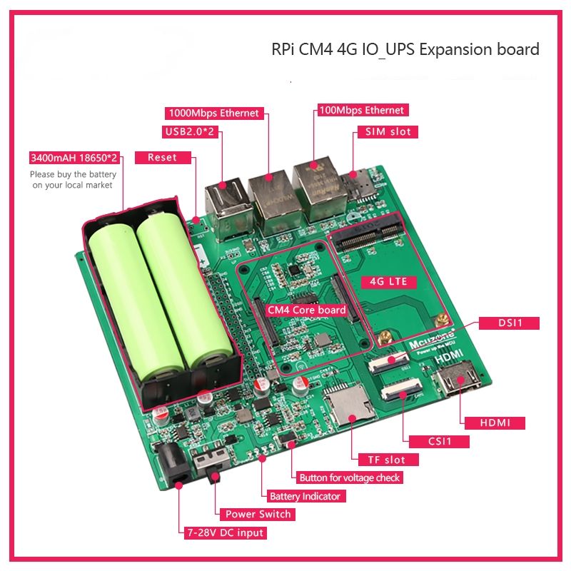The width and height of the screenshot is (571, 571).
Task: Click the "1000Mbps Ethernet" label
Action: point(213,113)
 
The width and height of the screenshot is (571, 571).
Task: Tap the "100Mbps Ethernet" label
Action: point(361,110)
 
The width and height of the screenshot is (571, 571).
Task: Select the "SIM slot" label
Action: point(388,131)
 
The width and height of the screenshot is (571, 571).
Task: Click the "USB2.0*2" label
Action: point(188,132)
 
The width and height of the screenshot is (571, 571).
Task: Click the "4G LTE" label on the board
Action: point(388,281)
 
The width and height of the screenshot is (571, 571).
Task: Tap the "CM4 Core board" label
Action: point(306,310)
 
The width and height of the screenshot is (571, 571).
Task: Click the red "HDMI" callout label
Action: point(494,423)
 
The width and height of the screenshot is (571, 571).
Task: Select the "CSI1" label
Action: point(440,441)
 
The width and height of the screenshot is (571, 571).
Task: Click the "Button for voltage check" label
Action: point(350,477)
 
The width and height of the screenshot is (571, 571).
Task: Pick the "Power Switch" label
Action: point(258,514)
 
